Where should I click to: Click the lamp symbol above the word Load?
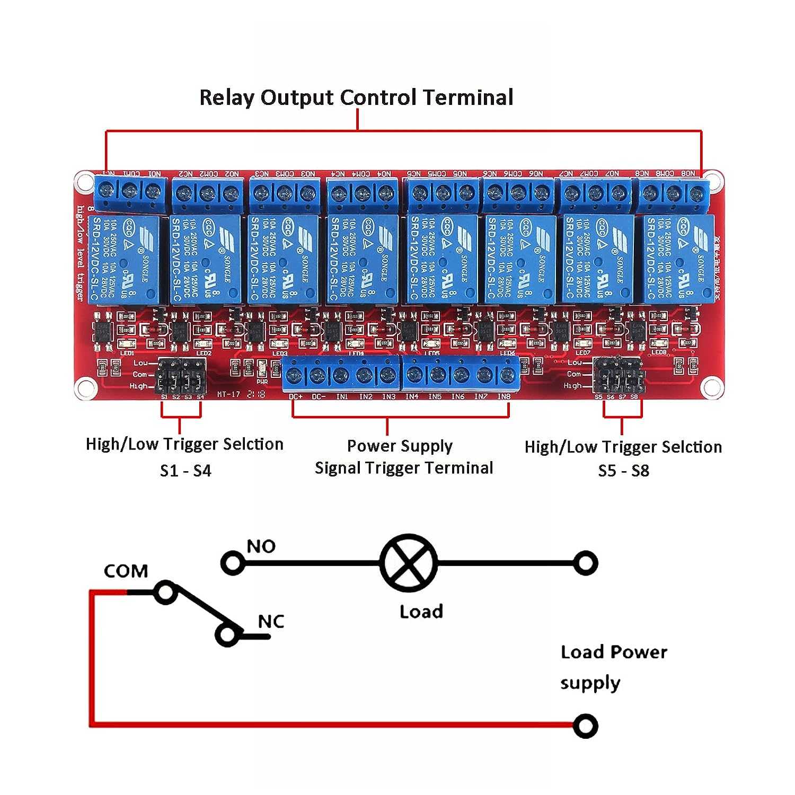tap(409, 563)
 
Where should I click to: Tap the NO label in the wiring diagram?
tap(261, 546)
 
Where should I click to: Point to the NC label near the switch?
tap(271, 621)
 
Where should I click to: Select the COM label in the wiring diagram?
tap(126, 571)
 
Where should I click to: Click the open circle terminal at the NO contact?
tap(232, 563)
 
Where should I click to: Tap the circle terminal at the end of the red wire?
tap(585, 726)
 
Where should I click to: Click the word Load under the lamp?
tap(421, 612)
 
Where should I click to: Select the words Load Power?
tap(614, 652)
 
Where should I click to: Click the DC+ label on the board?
tap(296, 396)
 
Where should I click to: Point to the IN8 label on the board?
tap(503, 396)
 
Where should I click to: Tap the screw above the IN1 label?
tap(341, 375)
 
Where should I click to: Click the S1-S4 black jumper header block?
tap(181, 375)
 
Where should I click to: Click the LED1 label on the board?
tap(127, 353)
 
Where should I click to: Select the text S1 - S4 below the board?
tap(185, 471)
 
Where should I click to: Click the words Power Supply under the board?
tap(400, 446)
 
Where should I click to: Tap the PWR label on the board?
tap(262, 382)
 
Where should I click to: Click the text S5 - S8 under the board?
tap(623, 471)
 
